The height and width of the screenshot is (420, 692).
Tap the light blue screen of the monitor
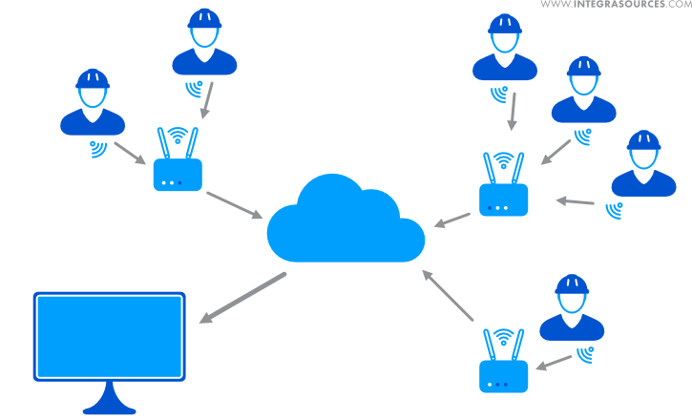click(109, 336)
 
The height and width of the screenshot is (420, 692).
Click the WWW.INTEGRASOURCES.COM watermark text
click(616, 6)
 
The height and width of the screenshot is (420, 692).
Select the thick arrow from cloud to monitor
click(243, 298)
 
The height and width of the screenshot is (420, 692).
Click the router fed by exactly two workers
click(178, 173)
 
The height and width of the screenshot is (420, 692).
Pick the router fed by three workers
click(503, 198)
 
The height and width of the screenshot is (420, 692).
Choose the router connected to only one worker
click(503, 374)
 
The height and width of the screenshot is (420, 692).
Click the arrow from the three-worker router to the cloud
click(452, 220)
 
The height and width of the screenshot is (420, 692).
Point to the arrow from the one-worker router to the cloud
click(448, 296)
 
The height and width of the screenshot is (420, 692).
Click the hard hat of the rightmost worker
click(643, 140)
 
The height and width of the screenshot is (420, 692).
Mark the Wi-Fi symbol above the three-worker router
click(503, 160)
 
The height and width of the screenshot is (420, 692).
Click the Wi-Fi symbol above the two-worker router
click(177, 135)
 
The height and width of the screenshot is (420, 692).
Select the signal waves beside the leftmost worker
click(97, 148)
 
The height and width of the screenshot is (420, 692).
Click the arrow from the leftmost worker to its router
click(130, 153)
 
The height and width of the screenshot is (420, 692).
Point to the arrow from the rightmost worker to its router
click(576, 201)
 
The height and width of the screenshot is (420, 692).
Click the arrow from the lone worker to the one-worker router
click(554, 361)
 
